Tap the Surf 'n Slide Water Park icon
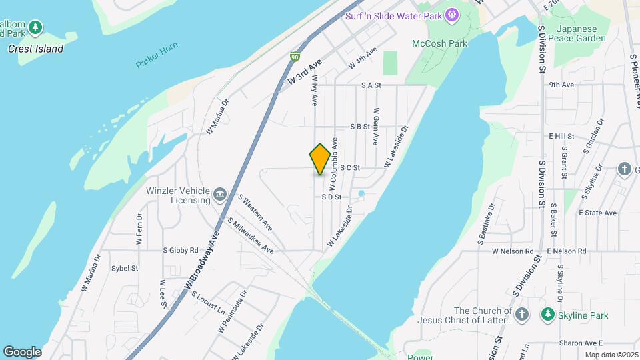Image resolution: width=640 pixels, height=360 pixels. click(453, 15)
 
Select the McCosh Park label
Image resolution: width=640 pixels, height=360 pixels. click(449, 43)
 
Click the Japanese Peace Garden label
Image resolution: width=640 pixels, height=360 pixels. click(581, 34)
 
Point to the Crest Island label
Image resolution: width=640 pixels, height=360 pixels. click(36, 49)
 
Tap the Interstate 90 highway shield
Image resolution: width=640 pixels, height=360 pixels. click(295, 58)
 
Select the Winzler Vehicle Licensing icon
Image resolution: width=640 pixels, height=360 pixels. click(221, 195)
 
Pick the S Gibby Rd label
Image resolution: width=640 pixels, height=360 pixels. click(181, 251)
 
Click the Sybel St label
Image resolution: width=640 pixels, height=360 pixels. click(125, 268)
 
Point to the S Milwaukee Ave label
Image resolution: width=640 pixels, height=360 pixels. click(250, 235)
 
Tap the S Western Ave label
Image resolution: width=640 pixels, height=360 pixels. click(255, 213)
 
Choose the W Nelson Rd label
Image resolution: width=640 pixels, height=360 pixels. click(513, 251)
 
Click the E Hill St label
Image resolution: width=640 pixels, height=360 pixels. click(561, 136)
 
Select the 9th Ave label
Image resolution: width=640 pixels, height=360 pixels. click(561, 85)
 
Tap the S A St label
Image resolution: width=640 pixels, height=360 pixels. click(371, 85)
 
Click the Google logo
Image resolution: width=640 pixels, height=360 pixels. click(22, 352)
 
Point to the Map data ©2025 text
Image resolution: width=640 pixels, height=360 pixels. click(610, 355)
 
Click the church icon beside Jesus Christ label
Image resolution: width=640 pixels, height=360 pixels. click(522, 313)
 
